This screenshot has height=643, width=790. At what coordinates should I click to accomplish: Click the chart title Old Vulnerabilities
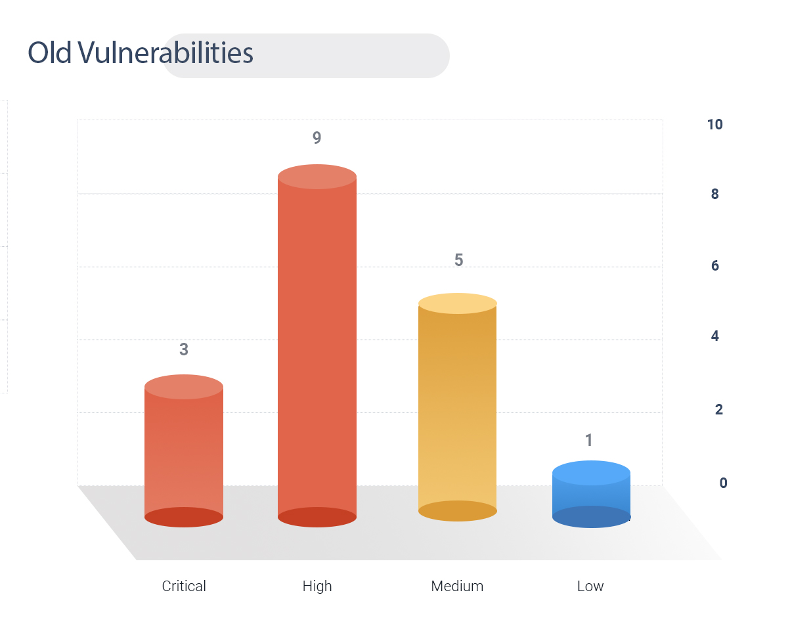point(141,53)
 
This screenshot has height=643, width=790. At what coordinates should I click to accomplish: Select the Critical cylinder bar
point(184,451)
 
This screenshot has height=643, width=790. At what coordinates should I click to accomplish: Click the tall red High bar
point(317,345)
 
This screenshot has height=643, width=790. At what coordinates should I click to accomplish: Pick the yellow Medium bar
point(457,407)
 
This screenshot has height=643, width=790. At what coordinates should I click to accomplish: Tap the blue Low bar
point(591,494)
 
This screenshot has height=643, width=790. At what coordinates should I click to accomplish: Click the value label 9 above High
point(317,137)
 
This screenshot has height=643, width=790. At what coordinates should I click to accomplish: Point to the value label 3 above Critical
point(184,349)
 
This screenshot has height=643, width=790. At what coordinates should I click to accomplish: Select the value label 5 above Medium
point(459,259)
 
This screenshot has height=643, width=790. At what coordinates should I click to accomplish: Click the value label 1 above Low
point(588,440)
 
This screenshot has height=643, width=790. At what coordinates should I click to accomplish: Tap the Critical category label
point(184,586)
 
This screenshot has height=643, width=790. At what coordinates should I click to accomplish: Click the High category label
point(317,587)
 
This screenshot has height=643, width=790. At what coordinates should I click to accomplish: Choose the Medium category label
point(457,586)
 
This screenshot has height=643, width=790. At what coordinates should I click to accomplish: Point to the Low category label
point(590,586)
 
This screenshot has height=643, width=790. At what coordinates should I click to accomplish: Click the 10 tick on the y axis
point(714,125)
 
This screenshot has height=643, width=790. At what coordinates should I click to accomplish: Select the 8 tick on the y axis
point(714,194)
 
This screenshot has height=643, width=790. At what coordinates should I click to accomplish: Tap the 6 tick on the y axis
point(714,265)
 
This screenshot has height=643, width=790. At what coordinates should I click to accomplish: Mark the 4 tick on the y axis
point(714,336)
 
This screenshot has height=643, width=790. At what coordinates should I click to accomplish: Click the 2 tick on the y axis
point(719,409)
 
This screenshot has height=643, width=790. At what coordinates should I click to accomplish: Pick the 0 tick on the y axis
point(723,483)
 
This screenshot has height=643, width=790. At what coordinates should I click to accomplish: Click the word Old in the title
point(50,53)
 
